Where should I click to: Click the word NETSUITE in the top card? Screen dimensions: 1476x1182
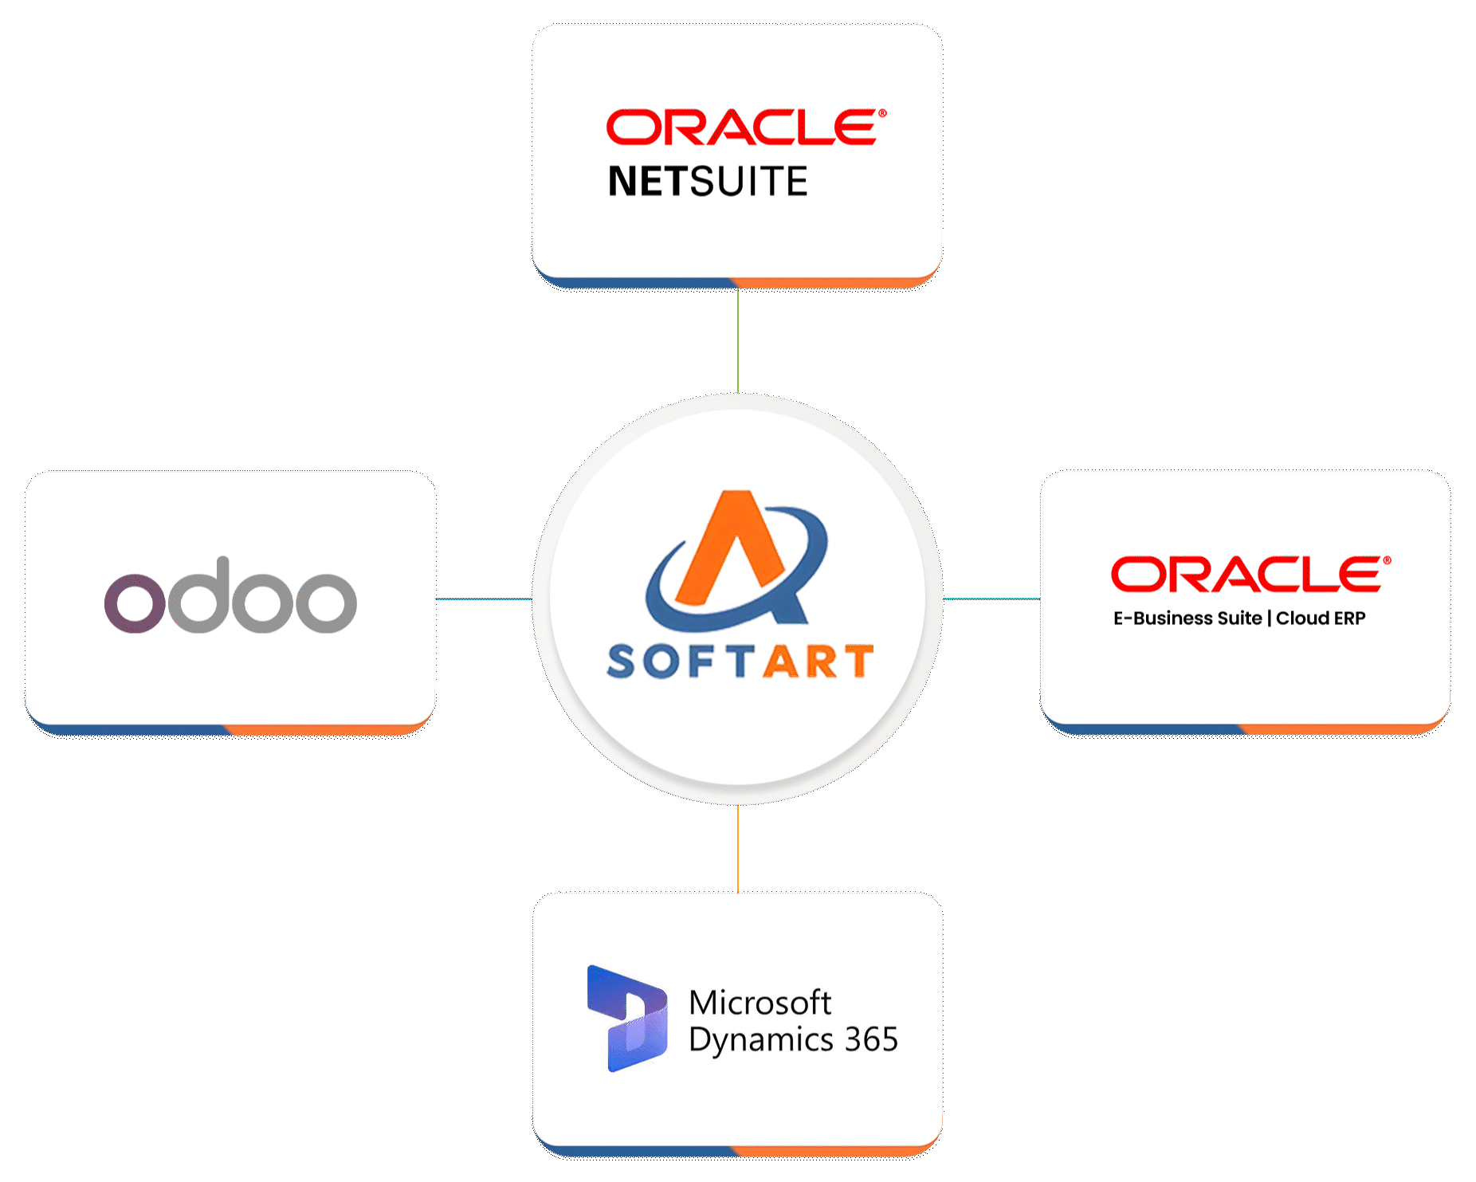point(708,181)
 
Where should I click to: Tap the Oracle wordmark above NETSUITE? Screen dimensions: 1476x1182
point(746,128)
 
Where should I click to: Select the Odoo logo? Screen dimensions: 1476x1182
point(230,595)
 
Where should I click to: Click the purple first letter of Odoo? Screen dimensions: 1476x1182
point(135,603)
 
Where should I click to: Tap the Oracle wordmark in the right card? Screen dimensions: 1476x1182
point(1251,574)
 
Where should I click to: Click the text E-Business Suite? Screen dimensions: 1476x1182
point(1187,618)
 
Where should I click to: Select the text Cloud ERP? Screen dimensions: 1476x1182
point(1321,618)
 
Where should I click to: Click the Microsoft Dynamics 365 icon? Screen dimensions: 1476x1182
point(627,1018)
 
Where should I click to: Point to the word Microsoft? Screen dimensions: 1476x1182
point(760,1003)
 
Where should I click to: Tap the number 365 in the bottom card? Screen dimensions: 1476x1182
point(872,1039)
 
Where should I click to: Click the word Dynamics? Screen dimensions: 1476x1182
point(761,1041)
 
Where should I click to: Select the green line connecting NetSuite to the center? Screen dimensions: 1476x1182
point(738,341)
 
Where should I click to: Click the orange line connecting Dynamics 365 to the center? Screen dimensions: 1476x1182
point(738,849)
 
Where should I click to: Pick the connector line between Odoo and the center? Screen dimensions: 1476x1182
point(484,599)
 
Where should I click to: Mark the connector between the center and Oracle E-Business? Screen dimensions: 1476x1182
point(991,599)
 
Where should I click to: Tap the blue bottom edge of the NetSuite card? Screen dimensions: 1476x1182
point(634,282)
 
